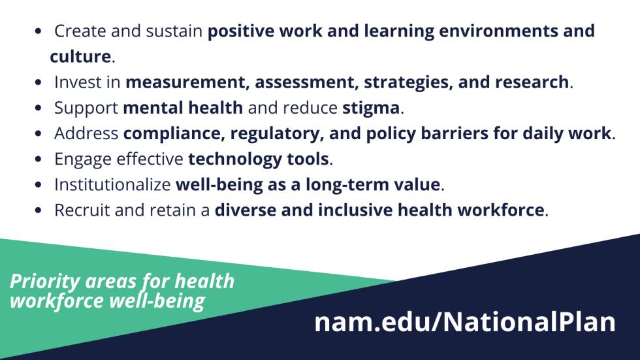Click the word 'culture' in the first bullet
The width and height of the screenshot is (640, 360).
coord(80,57)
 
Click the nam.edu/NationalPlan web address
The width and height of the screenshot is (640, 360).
coord(464,323)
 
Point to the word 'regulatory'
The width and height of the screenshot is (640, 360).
coord(274,134)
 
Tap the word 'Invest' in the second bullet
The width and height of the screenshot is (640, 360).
coord(76,83)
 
